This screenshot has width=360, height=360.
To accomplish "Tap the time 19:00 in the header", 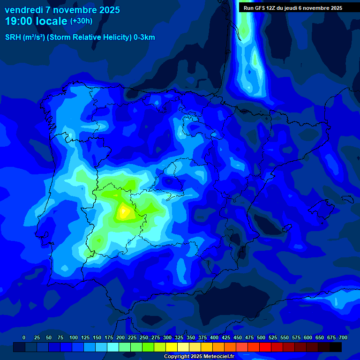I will click(x=18, y=22).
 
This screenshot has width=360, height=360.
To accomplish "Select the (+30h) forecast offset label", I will click(x=81, y=21).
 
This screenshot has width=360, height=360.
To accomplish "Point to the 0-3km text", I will click(x=144, y=37).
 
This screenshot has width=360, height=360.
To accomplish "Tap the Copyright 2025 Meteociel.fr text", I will click(x=199, y=356).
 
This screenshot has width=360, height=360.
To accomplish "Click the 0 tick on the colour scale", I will click(x=24, y=337).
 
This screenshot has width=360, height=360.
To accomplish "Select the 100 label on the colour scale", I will click(x=74, y=337).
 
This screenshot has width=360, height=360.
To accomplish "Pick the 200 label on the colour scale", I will click(x=120, y=337).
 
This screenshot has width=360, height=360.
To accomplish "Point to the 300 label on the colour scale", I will click(x=167, y=337).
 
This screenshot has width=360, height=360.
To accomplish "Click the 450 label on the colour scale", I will click(x=238, y=337).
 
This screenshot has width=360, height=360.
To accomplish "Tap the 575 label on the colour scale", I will click(x=296, y=337).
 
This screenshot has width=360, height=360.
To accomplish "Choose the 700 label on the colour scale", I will click(x=343, y=337).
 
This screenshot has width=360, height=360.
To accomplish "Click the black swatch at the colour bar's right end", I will click(x=336, y=347).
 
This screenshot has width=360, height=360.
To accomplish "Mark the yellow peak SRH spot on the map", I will click(x=124, y=212).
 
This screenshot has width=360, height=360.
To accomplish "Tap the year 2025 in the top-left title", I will click(x=108, y=10).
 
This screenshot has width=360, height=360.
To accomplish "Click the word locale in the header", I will click(x=51, y=22).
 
